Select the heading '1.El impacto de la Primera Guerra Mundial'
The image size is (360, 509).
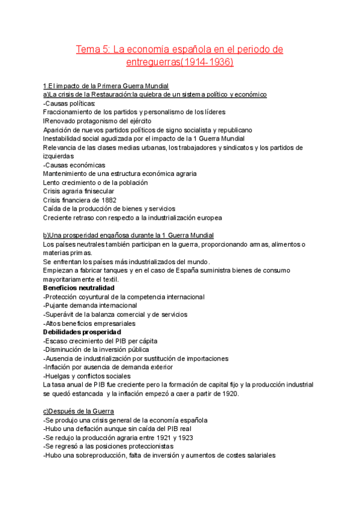[x=106, y=86]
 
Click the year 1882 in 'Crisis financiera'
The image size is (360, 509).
[x=107, y=200]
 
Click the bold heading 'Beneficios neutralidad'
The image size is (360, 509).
[x=79, y=288]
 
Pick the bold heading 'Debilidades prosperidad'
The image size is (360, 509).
[x=82, y=332]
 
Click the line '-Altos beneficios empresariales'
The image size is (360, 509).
[x=89, y=323]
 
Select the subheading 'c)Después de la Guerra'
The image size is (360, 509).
[x=76, y=411]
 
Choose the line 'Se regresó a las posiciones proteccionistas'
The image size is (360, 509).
[x=109, y=447]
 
